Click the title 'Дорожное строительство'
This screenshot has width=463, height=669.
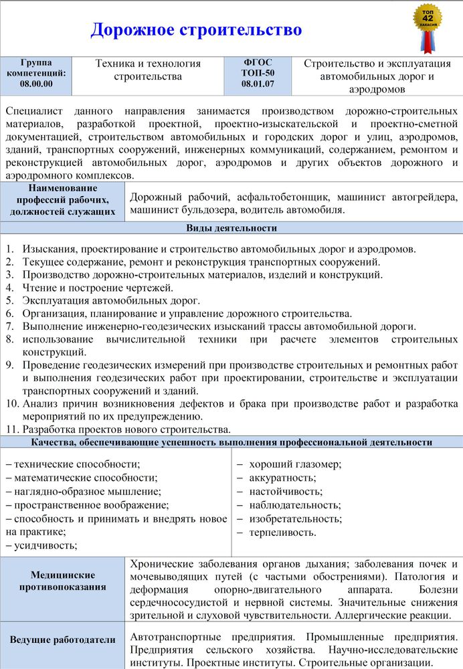point(196,30)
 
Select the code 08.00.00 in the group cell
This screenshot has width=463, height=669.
point(36,84)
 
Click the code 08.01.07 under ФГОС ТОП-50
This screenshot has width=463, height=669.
point(258,84)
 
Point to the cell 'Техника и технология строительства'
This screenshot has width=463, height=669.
point(148,70)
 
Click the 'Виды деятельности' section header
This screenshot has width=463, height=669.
point(231,228)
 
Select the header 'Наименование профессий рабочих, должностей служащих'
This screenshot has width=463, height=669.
point(62,200)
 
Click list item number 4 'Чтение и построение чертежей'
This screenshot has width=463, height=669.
point(98,288)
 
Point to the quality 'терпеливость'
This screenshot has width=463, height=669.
point(282,533)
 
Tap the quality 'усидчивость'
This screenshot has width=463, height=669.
point(45,545)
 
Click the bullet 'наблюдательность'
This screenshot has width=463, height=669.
point(294,505)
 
